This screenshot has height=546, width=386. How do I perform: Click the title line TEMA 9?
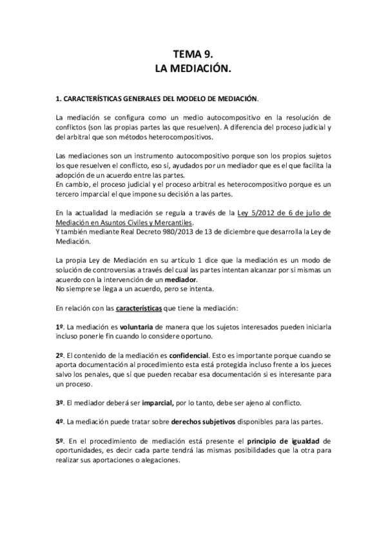pos(193,55)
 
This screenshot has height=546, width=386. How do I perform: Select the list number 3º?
pos(59,402)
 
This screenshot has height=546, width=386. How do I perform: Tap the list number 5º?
pos(59,441)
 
